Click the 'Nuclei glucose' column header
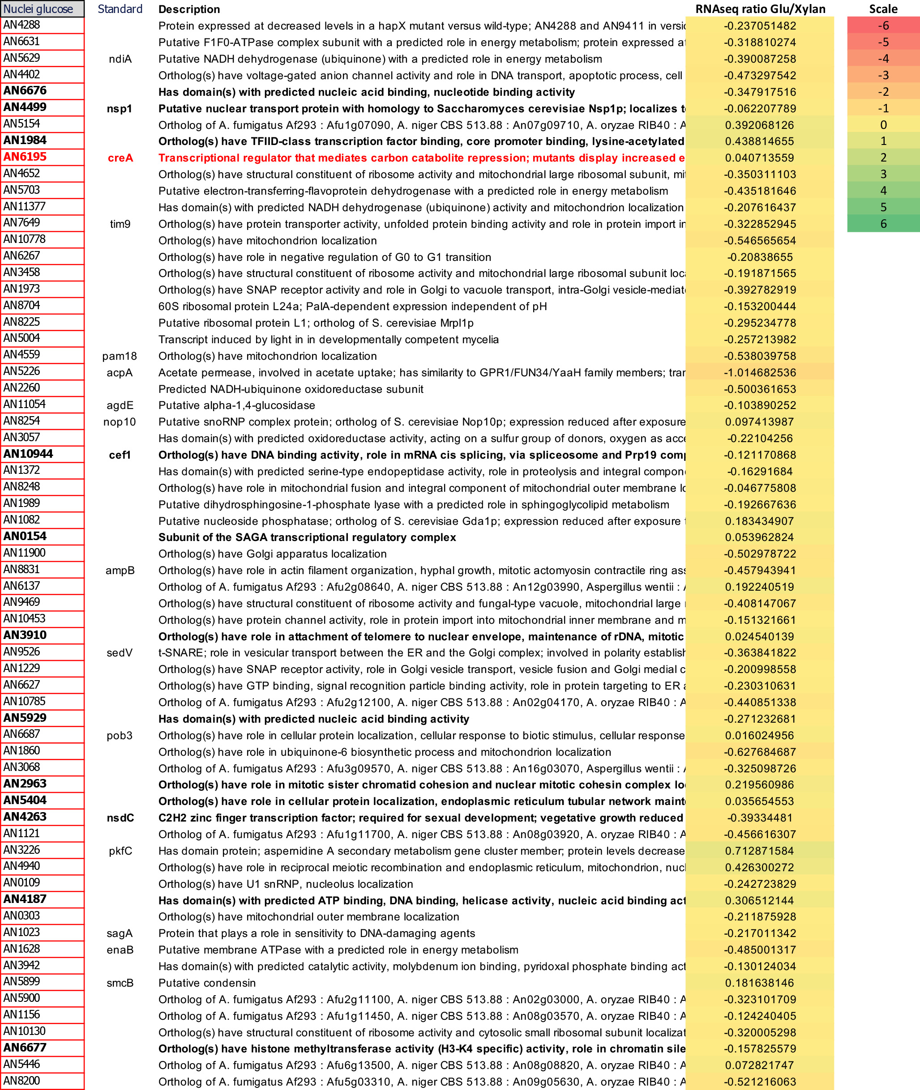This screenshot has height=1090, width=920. coord(38,9)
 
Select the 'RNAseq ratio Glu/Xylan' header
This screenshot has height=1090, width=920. coord(760,9)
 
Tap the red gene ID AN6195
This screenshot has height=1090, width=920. coord(25,157)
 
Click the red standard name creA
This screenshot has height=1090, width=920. coord(120,158)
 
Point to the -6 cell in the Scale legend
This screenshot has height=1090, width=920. coord(882,26)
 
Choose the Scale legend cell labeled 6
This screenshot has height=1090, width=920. coord(882,224)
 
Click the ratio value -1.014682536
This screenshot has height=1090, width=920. coord(759,373)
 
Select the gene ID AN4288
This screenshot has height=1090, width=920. coord(22,25)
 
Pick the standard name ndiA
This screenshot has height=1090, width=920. coord(120,59)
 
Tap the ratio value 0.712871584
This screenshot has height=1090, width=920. coord(759,851)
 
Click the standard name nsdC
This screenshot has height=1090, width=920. coord(120,818)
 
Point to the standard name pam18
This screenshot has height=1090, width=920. coord(120,356)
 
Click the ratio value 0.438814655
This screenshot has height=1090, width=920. coord(759,141)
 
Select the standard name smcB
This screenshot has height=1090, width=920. coord(120,983)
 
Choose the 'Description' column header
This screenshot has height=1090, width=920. coord(189,9)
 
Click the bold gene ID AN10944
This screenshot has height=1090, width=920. coord(28,454)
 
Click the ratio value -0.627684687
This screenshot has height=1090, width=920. coord(759,752)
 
